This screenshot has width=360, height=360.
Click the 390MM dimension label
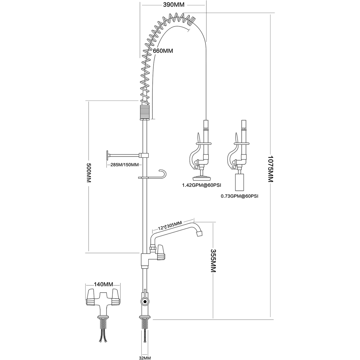coord(173,5)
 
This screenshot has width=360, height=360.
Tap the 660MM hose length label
coord(163,51)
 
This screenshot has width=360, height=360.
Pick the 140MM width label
coord(103,284)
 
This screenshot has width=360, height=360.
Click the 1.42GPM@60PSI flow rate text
coord(202,185)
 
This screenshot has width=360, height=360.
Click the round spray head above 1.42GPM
coord(202,178)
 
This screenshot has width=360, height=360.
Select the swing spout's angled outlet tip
coord(200,233)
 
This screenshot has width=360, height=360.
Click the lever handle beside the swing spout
coord(161,252)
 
